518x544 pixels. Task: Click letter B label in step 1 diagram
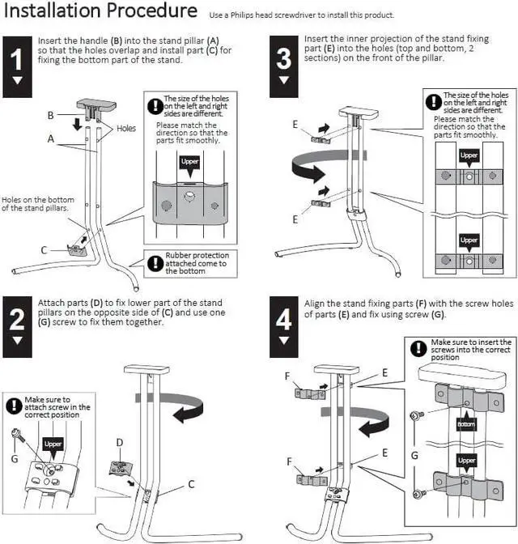50,116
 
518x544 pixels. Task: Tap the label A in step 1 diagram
50,138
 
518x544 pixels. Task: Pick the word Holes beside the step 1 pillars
126,128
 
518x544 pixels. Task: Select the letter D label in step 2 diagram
119,443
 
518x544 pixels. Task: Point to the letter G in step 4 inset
415,455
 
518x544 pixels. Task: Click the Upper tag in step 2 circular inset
53,444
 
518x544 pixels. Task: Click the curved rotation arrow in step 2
173,403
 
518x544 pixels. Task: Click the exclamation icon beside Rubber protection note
155,262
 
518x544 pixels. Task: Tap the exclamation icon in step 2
15,406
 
